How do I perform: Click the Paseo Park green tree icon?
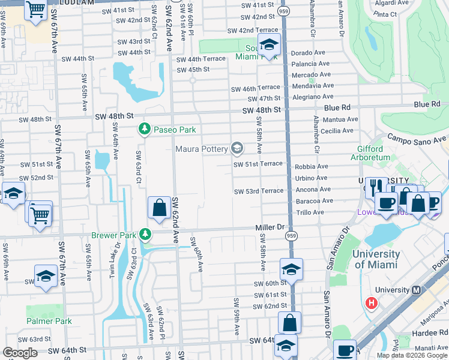(144, 128)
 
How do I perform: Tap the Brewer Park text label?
(113, 235)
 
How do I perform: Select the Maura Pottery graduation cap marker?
(237, 148)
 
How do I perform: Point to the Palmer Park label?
(49, 321)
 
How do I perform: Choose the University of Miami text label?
(376, 259)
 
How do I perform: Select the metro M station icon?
(415, 290)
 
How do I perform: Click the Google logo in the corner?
(20, 353)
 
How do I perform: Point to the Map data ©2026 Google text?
(412, 355)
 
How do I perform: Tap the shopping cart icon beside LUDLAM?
(36, 10)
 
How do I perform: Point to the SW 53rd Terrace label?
(258, 191)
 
